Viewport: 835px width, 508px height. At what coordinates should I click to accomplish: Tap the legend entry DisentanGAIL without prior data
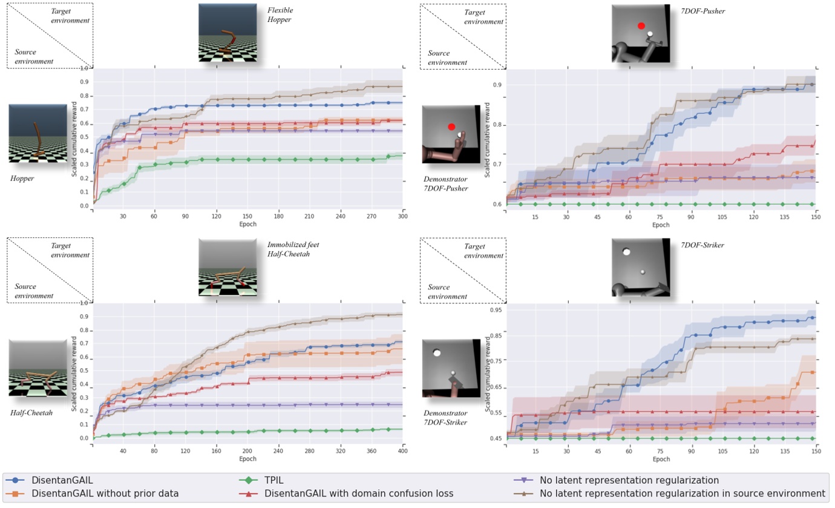coord(105,493)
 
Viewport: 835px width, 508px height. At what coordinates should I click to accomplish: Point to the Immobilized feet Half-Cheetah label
coord(293,249)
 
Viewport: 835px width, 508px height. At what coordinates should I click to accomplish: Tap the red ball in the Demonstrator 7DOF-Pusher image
coord(451,127)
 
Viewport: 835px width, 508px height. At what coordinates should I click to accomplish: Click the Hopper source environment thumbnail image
coord(38,133)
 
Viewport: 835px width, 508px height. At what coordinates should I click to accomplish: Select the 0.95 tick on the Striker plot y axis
coord(496,311)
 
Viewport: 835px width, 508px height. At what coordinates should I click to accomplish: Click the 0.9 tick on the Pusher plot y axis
coord(497,85)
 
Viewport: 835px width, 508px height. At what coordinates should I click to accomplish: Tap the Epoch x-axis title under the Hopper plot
coord(247,223)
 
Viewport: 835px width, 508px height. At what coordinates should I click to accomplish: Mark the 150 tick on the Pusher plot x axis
coord(816,216)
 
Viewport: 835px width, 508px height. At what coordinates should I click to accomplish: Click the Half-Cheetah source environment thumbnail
coord(38,368)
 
